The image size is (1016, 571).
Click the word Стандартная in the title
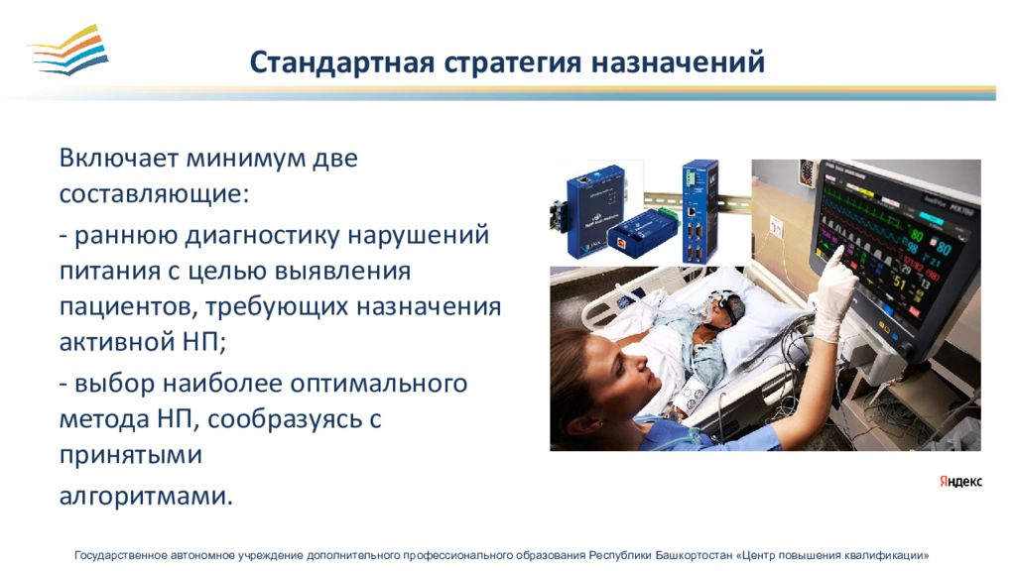coord(341,62)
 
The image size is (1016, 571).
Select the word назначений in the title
coord(678,62)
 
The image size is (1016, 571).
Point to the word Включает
coord(118,158)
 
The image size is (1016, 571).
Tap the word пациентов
coord(128,307)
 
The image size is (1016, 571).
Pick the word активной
coord(113,341)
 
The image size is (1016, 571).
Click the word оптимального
coord(378,384)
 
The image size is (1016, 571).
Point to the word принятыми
coord(131,455)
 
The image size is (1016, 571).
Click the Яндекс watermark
coord(960,482)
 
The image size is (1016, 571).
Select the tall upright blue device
coord(699,211)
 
